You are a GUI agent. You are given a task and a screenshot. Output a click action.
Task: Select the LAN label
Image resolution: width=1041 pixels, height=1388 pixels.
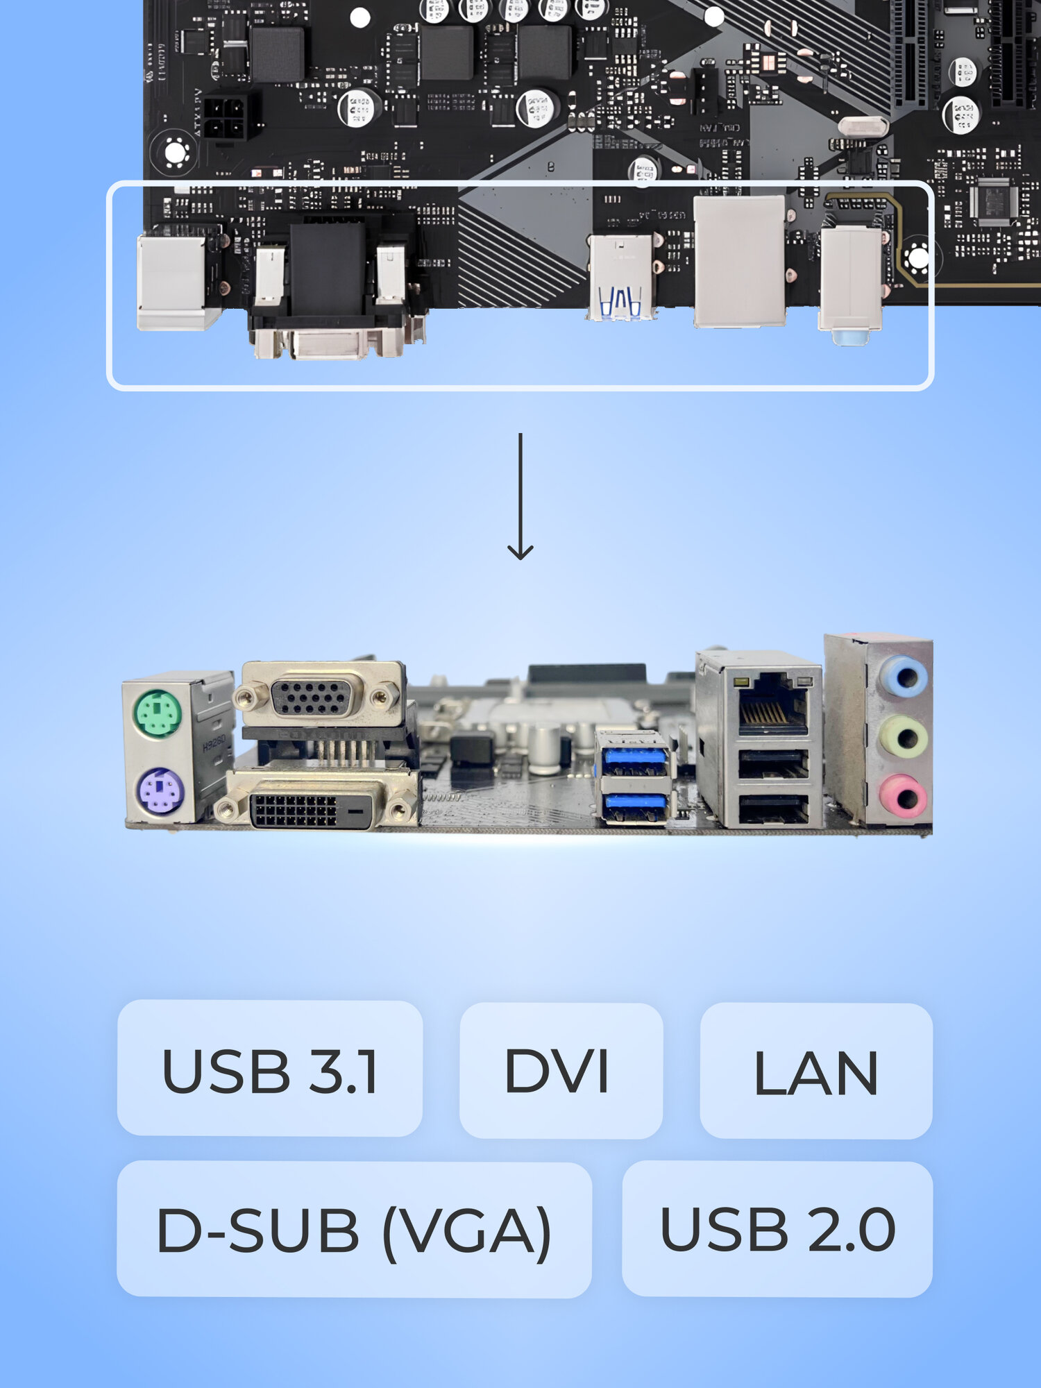pyautogui.click(x=815, y=1072)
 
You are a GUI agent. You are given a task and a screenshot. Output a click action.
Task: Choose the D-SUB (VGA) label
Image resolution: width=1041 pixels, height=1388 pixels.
pyautogui.click(x=354, y=1230)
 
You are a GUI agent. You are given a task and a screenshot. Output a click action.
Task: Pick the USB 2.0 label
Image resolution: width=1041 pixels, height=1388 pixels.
pyautogui.click(x=777, y=1230)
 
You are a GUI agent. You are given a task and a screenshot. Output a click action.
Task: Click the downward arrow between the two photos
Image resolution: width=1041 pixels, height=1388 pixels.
pyautogui.click(x=520, y=496)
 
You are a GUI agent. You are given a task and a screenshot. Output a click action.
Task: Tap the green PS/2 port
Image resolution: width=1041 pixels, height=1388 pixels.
pyautogui.click(x=158, y=713)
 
